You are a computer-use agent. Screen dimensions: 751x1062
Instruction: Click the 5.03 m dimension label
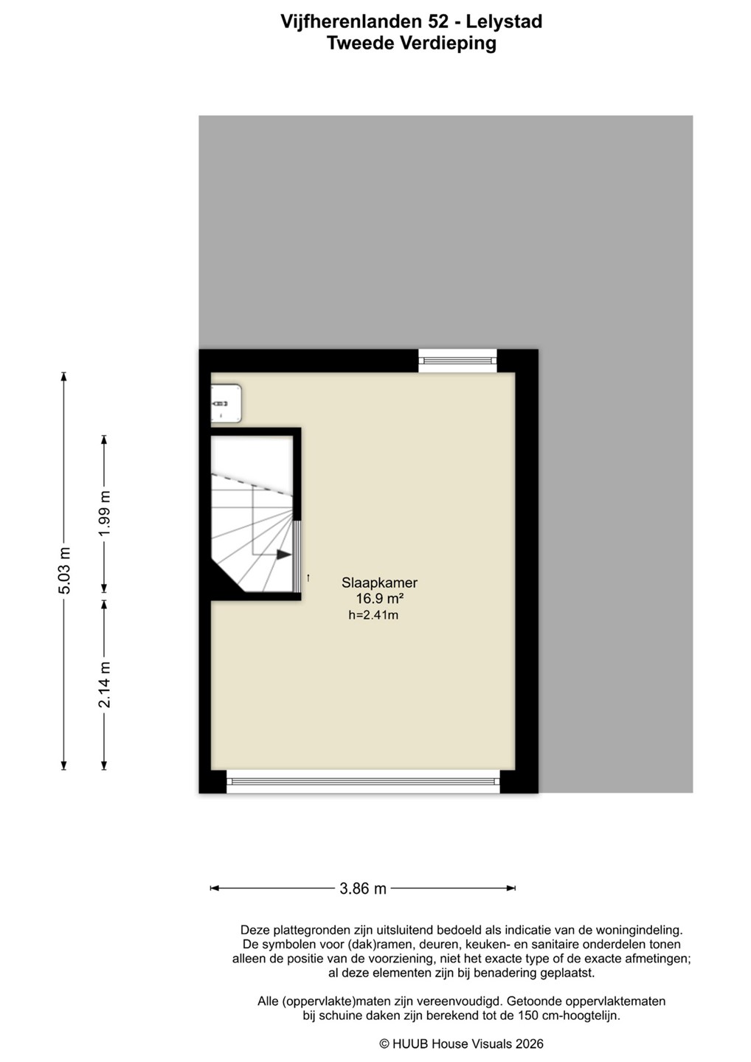(x=64, y=570)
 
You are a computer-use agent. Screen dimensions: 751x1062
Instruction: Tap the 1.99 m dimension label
(x=104, y=513)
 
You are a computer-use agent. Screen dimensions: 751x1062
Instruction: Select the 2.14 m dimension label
(x=104, y=684)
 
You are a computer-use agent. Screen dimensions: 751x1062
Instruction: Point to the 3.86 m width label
(x=363, y=888)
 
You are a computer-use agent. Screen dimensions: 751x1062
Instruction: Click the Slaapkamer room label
(x=379, y=583)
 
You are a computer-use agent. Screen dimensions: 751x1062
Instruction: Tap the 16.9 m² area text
(x=379, y=599)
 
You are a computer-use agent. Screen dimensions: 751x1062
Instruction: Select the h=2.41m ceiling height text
(x=373, y=615)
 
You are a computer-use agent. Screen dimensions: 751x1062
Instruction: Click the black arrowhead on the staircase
(x=283, y=555)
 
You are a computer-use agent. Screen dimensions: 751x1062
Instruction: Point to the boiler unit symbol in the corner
(x=226, y=403)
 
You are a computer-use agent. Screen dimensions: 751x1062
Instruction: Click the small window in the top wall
(x=457, y=361)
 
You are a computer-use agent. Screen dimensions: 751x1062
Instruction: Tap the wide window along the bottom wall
(x=363, y=782)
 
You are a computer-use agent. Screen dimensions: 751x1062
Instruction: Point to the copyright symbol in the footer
(x=384, y=1044)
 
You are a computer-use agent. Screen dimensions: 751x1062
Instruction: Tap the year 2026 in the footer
(x=529, y=1044)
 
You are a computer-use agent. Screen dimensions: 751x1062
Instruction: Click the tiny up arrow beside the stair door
(x=308, y=577)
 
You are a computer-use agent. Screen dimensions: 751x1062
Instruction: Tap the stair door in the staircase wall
(x=297, y=557)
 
